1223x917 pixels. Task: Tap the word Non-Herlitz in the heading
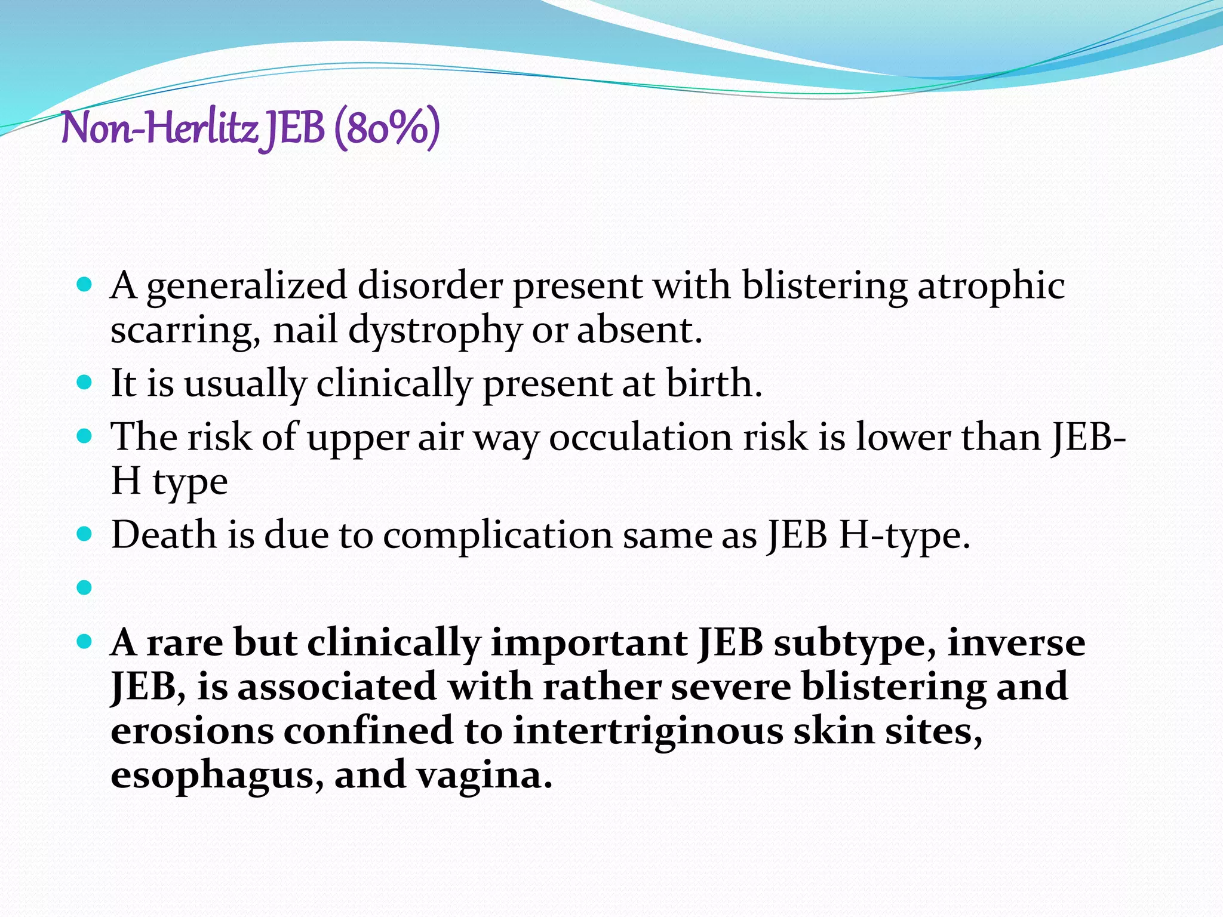pos(159,128)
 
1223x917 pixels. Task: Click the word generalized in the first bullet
pos(246,286)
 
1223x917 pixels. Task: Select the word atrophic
pos(991,286)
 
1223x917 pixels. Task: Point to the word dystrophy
pos(434,331)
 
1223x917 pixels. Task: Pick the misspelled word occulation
pos(640,437)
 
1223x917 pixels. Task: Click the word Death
pos(164,534)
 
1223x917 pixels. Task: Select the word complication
pos(497,536)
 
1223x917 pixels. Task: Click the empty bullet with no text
pos(85,588)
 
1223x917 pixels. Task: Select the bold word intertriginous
pos(647,732)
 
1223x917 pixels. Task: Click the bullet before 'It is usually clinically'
pos(85,382)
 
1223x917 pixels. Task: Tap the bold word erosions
pos(192,732)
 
